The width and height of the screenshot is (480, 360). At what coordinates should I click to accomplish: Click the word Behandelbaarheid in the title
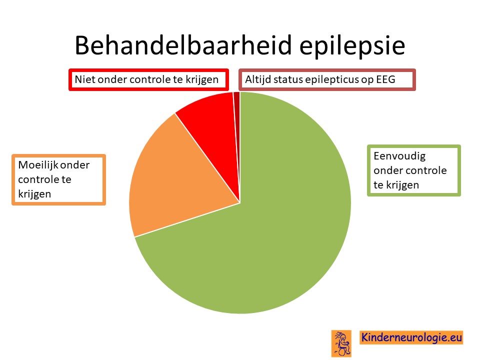point(183,45)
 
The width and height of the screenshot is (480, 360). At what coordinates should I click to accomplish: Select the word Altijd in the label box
point(258,80)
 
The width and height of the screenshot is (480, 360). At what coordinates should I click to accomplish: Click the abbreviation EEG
point(385,79)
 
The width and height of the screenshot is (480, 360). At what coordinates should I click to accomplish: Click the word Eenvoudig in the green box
point(399,156)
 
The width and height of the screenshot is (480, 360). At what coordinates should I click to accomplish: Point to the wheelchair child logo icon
point(341,343)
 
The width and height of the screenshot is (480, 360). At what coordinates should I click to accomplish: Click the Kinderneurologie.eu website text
point(411,337)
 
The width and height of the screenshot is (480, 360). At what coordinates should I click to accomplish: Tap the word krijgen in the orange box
point(34,194)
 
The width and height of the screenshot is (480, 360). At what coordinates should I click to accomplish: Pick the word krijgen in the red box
point(202,80)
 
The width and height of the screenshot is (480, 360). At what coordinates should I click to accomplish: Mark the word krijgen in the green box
point(402,185)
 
